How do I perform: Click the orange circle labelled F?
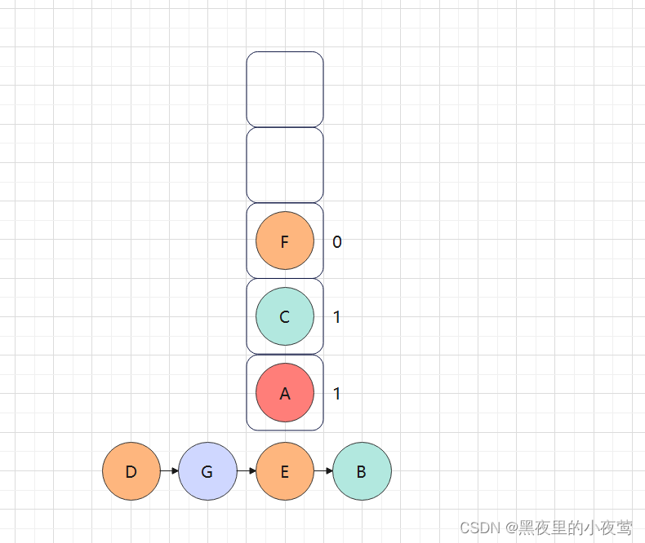[x=285, y=241]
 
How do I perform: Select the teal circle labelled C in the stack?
[x=285, y=317]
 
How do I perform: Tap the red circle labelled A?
[x=285, y=393]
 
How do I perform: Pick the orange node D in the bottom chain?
[x=131, y=471]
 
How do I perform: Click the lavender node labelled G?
[x=207, y=471]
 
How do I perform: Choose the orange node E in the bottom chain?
[x=285, y=471]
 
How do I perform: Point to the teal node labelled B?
[x=362, y=471]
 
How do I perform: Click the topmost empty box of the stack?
[x=285, y=90]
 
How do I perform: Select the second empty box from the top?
[x=285, y=166]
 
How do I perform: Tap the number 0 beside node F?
[x=337, y=242]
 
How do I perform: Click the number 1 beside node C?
[x=337, y=317]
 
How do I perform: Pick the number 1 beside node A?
[x=337, y=394]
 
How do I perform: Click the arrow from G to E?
[x=247, y=471]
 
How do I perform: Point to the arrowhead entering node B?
[x=329, y=471]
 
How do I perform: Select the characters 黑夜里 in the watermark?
[x=541, y=528]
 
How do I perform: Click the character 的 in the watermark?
[x=575, y=528]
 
